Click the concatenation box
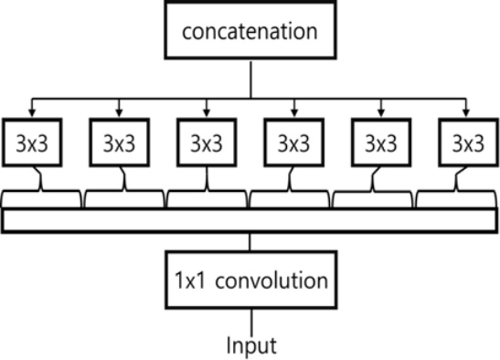coord(250,34)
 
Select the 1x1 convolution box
coord(250,278)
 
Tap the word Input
coord(250,344)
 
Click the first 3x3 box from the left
coord(32,143)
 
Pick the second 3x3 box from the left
coord(120,143)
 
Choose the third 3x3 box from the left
coord(207,143)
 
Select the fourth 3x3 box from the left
coord(294,143)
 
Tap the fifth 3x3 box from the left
coord(381,143)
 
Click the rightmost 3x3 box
coord(469,143)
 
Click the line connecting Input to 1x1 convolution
coord(250,319)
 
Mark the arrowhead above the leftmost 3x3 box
coord(32,113)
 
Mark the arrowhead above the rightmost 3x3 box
coord(469,113)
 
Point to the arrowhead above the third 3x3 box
coord(207,113)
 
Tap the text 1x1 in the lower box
coord(190,278)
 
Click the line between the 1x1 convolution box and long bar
coord(250,242)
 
